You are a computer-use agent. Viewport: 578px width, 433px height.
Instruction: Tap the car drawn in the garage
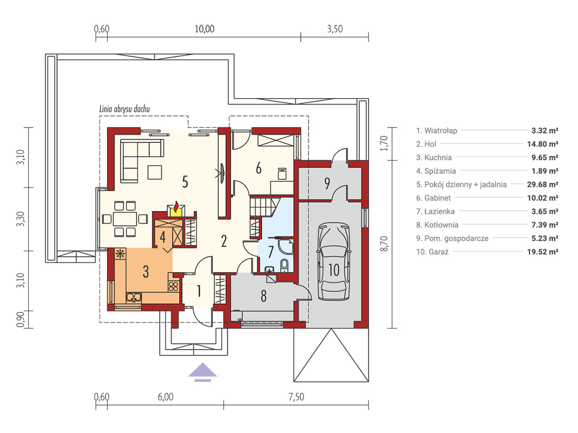[x=334, y=262]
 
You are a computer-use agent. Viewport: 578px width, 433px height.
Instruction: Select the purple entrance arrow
[x=202, y=372]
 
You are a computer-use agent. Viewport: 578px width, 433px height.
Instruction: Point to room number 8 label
[x=263, y=296]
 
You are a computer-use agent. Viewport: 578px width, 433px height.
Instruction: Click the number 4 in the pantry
[x=162, y=237]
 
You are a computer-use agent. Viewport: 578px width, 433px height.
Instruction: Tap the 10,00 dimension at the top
[x=204, y=29]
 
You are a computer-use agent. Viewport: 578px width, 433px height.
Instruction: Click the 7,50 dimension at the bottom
[x=296, y=397]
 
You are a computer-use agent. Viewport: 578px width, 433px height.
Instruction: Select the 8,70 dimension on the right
[x=384, y=244]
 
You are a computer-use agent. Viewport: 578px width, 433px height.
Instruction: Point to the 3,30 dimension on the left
[x=21, y=219]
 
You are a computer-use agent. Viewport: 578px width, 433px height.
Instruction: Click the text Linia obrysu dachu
[x=125, y=109]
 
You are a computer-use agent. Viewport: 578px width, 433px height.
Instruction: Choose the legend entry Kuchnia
[x=434, y=157]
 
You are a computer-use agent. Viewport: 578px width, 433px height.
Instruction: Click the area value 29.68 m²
[x=542, y=184]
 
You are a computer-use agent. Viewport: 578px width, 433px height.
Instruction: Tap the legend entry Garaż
[x=432, y=252]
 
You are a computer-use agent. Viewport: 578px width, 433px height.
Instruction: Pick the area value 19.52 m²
[x=542, y=252]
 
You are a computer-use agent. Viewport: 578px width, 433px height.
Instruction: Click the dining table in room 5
[x=125, y=219]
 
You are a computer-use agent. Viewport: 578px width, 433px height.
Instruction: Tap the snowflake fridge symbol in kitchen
[x=120, y=254]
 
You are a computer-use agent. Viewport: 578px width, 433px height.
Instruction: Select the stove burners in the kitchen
[x=173, y=286]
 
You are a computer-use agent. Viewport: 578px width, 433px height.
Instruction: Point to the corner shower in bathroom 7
[x=286, y=247]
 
